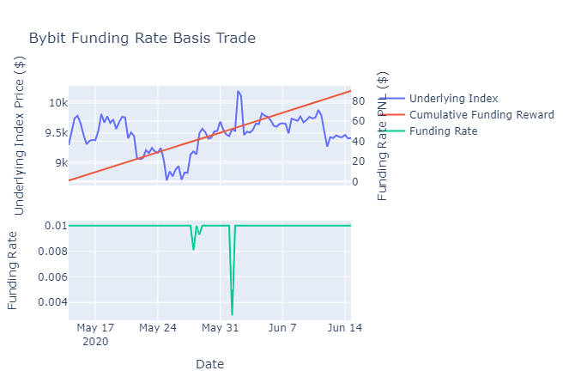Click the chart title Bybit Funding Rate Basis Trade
tap(142, 38)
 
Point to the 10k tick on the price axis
tap(58, 103)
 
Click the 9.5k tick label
tap(57, 133)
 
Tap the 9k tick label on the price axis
tap(61, 163)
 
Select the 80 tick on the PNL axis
tap(358, 101)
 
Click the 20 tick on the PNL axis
tap(358, 161)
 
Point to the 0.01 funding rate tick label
tap(57, 226)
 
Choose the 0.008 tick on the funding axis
tap(53, 252)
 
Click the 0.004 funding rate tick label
tap(53, 302)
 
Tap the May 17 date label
tap(95, 328)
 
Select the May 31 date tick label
tap(220, 328)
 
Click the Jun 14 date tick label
tap(345, 328)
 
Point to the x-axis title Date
tap(209, 364)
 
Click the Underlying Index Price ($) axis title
tap(19, 136)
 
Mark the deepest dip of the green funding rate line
tap(232, 314)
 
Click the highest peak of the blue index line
tap(238, 91)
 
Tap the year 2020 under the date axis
tap(95, 342)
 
